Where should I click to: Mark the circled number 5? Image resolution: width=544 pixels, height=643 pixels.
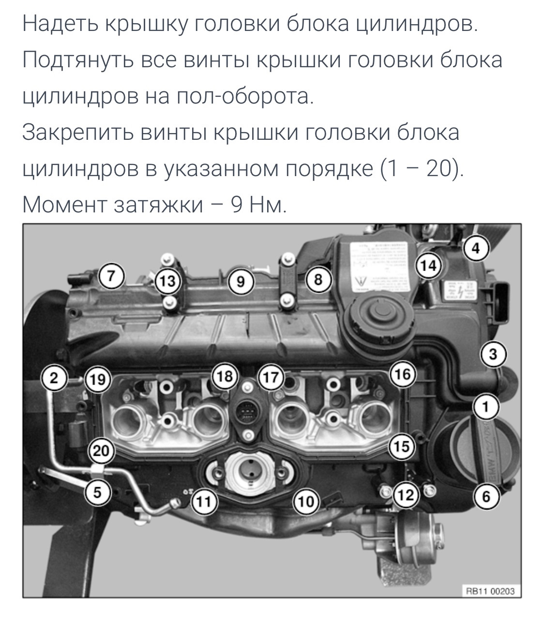97,493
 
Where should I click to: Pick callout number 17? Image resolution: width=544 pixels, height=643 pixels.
272,377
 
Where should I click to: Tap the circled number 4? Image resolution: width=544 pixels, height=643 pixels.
476,248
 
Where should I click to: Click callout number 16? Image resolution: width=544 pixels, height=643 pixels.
403,374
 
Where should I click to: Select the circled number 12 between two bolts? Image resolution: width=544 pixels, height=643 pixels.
406,494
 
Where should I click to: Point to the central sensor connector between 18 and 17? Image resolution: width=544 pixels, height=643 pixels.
248,413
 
